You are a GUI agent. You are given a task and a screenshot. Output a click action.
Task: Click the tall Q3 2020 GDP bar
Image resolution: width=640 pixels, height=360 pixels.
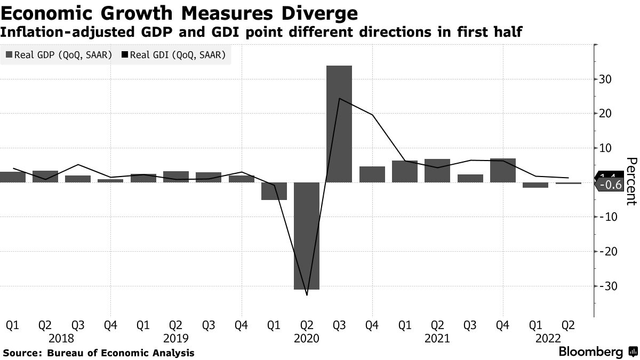pyautogui.click(x=339, y=124)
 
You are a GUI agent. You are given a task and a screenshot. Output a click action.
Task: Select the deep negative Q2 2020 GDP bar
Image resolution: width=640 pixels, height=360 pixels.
pyautogui.click(x=306, y=236)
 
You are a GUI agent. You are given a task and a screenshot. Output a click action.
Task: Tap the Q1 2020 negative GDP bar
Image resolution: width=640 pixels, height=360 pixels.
pyautogui.click(x=274, y=191)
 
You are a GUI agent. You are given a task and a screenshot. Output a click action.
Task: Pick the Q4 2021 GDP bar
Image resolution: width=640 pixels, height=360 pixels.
pyautogui.click(x=502, y=170)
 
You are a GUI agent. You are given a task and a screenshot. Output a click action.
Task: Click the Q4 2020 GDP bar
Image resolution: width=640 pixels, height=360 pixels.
pyautogui.click(x=372, y=174)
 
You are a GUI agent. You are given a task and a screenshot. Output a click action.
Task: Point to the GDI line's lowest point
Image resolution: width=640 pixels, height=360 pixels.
pyautogui.click(x=307, y=295)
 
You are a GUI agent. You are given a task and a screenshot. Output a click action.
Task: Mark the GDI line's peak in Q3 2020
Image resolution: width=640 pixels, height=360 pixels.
pyautogui.click(x=339, y=98)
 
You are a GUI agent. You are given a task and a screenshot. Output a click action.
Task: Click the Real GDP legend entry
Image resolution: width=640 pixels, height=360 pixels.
pyautogui.click(x=59, y=54)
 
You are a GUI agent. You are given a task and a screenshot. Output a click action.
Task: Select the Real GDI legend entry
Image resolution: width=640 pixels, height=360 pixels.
pyautogui.click(x=174, y=54)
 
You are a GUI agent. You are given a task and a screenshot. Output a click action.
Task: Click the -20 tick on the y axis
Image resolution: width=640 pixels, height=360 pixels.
pyautogui.click(x=607, y=251)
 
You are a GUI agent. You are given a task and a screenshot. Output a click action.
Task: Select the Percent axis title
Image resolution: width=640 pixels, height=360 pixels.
pyautogui.click(x=630, y=182)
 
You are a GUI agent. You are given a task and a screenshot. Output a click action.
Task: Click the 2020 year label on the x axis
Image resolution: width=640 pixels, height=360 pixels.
pyautogui.click(x=306, y=338)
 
